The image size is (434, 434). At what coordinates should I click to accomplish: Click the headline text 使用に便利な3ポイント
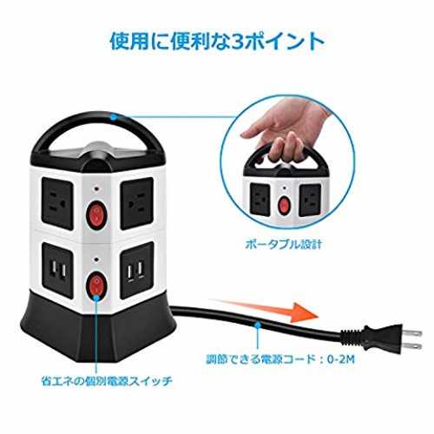[x=217, y=43]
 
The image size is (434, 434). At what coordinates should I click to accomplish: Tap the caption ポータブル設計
[x=283, y=245]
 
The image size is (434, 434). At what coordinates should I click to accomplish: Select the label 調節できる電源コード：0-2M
[x=280, y=359]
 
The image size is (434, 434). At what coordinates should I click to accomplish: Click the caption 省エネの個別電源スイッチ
[x=107, y=381]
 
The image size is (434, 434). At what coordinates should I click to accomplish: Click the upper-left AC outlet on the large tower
[x=57, y=204]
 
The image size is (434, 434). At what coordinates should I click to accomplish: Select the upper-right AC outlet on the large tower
[x=137, y=203]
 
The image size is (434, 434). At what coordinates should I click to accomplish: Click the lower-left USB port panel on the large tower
[x=57, y=270]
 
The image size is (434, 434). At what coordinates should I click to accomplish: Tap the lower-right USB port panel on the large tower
[x=137, y=270]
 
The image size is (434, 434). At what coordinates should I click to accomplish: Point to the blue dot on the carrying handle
[x=114, y=117]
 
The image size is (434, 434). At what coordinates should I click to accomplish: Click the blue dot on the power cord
[x=258, y=325]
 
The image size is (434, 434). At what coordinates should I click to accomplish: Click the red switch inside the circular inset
[x=284, y=205]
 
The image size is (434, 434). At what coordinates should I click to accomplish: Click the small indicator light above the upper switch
[x=96, y=189]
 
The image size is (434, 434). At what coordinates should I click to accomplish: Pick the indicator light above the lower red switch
[x=96, y=259]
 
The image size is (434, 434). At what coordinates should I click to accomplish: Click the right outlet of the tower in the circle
[x=310, y=201]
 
